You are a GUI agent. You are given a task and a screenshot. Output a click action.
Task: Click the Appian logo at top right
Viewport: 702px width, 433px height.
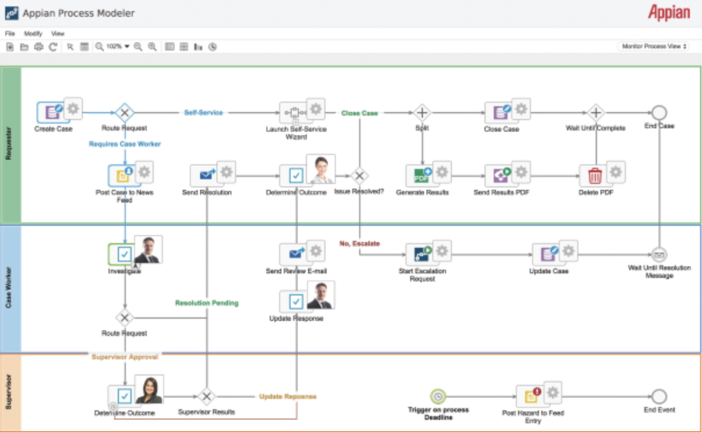pos(669,13)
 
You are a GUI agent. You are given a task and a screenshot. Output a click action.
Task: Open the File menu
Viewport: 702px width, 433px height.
pos(10,34)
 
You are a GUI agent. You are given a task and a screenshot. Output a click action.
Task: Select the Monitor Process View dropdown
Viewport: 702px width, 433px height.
pos(653,46)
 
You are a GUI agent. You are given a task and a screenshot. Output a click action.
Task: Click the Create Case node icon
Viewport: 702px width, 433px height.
pos(52,112)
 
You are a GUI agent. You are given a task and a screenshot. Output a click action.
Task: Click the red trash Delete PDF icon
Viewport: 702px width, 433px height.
pos(595,175)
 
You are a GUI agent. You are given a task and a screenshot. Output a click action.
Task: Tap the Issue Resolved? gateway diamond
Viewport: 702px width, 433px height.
pos(360,175)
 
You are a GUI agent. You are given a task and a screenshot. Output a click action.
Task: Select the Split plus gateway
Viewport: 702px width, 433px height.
pos(422,113)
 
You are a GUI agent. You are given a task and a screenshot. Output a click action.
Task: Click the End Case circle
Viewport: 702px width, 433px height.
pos(659,113)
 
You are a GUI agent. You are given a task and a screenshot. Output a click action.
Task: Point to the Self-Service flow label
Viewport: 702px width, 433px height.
pos(204,113)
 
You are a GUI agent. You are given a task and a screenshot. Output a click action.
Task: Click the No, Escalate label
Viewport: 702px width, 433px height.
pos(360,244)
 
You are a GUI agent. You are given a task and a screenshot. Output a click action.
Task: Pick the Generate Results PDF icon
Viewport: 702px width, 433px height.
pos(421,175)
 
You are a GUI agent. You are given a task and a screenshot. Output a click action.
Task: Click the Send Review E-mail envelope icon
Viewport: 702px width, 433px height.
pos(296,254)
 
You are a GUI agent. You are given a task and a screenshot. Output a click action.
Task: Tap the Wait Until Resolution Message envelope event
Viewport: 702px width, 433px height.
pos(659,254)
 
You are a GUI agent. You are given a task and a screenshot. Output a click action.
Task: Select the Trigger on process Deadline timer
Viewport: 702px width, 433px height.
pos(438,396)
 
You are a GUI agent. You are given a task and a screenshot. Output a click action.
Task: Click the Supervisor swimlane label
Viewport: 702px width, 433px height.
pos(9,392)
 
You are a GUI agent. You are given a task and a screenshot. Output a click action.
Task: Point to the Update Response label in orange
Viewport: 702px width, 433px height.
pos(288,396)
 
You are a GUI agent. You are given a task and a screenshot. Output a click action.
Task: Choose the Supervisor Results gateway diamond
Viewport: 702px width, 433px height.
pos(206,396)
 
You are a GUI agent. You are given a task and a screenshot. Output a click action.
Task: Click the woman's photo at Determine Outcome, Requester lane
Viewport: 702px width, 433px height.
pos(321,169)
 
